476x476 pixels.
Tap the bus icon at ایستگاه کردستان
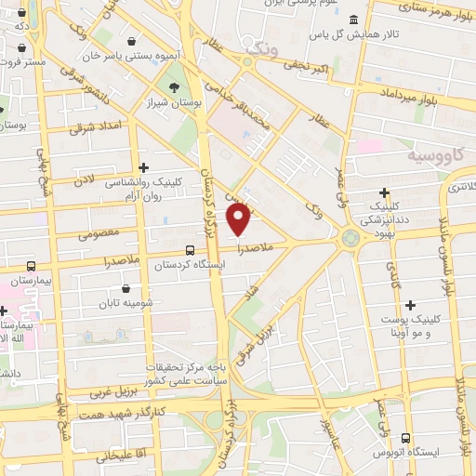point(190,249)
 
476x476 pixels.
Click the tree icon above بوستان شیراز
point(174,87)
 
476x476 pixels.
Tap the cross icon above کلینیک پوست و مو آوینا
point(409,304)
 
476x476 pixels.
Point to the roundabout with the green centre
point(350,239)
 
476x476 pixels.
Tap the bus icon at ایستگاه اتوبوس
point(405,437)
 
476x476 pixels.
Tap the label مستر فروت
point(22,61)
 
